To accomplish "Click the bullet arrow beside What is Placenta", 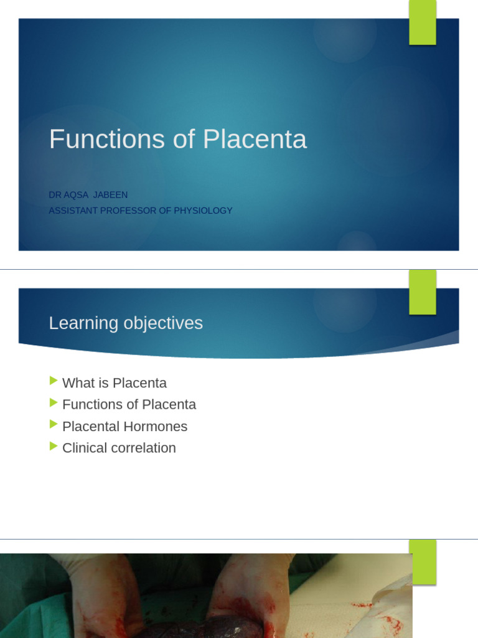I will coord(54,381).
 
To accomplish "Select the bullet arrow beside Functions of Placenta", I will coord(54,402).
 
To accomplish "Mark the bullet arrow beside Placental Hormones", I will coord(54,424).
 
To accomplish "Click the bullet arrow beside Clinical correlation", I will coord(54,446).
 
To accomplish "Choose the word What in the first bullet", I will coord(77,383).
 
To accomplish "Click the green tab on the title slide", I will coord(423,22).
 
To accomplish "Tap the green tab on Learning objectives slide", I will coord(423,292).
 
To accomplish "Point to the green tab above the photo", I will coord(423,561).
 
